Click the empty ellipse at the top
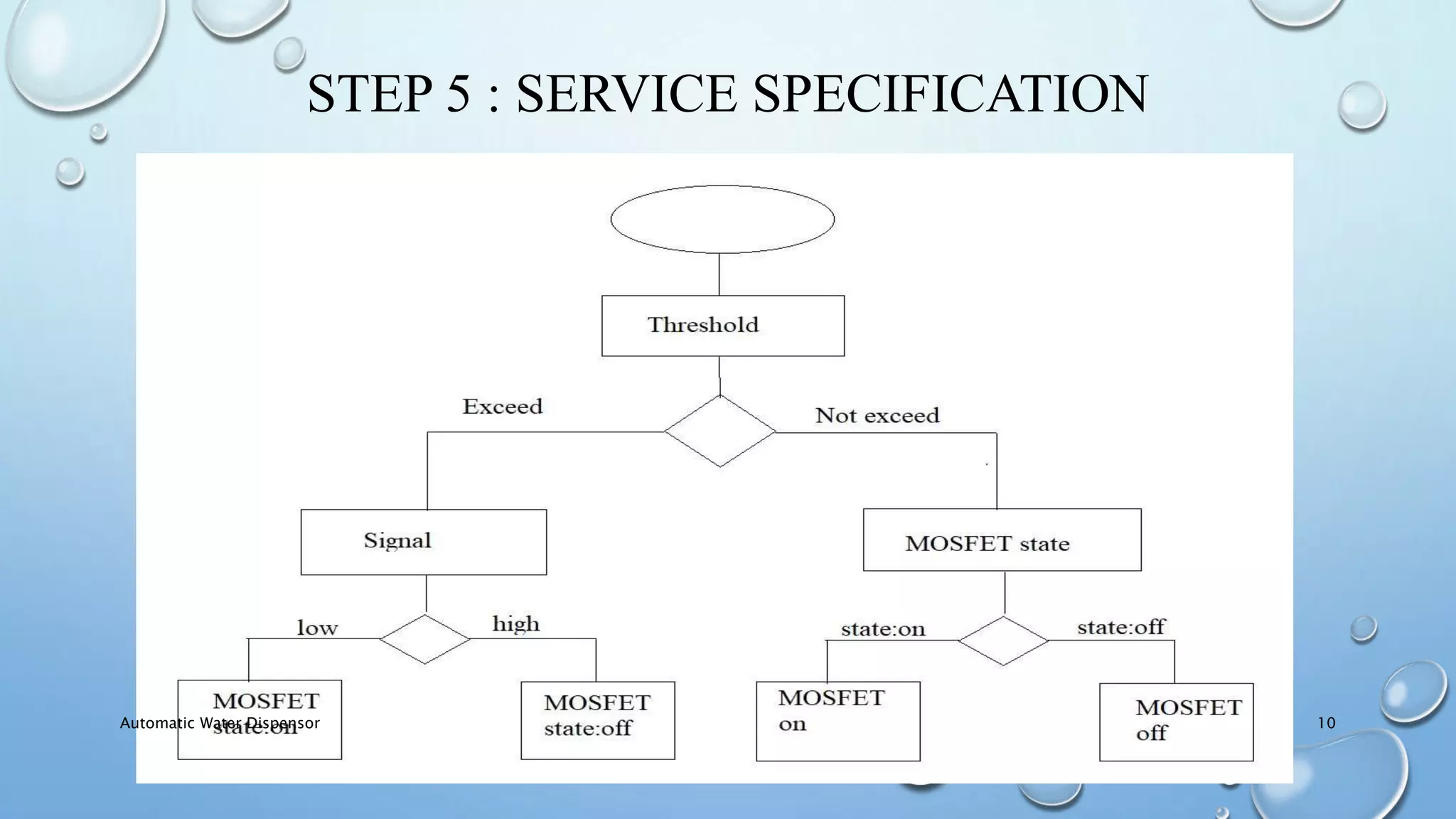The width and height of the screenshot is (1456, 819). [x=722, y=219]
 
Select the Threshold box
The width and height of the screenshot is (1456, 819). [x=722, y=326]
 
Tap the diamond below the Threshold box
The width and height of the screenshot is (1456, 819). [x=719, y=432]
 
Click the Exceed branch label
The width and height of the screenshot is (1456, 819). [x=502, y=407]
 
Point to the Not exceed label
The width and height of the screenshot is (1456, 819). [x=877, y=415]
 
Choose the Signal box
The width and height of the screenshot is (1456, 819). [x=423, y=542]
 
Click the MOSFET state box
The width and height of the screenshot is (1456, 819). [x=1002, y=540]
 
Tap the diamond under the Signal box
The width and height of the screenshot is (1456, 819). [x=424, y=639]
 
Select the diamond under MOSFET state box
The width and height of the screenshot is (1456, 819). [x=1002, y=641]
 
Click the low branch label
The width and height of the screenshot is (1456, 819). [x=317, y=628]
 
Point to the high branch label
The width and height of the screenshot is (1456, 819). [x=515, y=624]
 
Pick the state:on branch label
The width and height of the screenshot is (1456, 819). [x=882, y=629]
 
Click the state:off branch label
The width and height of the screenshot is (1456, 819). [x=1120, y=627]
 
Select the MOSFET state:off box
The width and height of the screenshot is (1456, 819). [x=597, y=720]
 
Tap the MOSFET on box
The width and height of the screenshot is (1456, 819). [x=837, y=721]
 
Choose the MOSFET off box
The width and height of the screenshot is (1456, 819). [x=1176, y=722]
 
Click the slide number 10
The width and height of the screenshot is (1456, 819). [x=1326, y=723]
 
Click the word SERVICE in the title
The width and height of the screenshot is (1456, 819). [x=626, y=94]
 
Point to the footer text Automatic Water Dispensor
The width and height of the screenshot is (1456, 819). [x=220, y=723]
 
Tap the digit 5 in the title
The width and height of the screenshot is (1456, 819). [x=458, y=94]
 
